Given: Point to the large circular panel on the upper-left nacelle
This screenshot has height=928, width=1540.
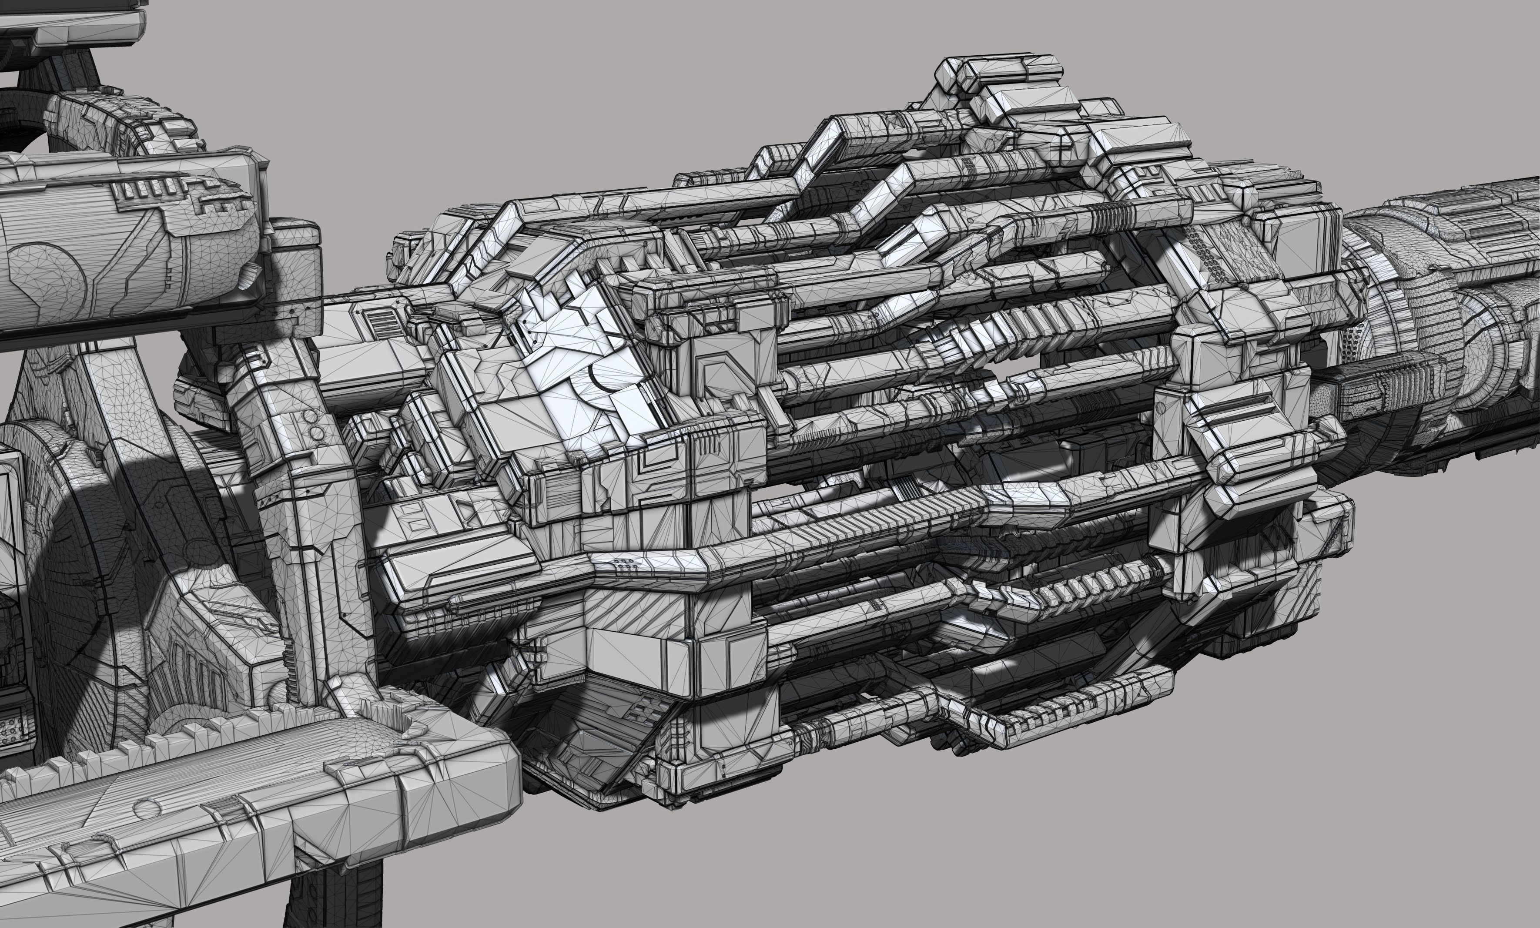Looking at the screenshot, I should pos(50,275).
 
